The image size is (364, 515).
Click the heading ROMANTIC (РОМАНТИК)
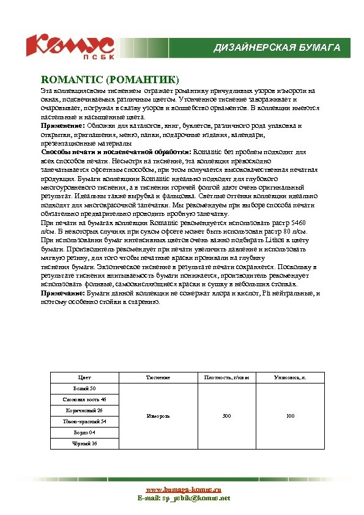click(110, 80)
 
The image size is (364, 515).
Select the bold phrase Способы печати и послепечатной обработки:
click(116, 151)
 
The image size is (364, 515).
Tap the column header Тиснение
click(158, 378)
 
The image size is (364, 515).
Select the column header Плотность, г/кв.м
click(226, 378)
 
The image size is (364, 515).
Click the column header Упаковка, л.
click(290, 378)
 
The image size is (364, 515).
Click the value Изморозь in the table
click(158, 416)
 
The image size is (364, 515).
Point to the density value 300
click(226, 416)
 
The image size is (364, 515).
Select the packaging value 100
click(290, 416)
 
